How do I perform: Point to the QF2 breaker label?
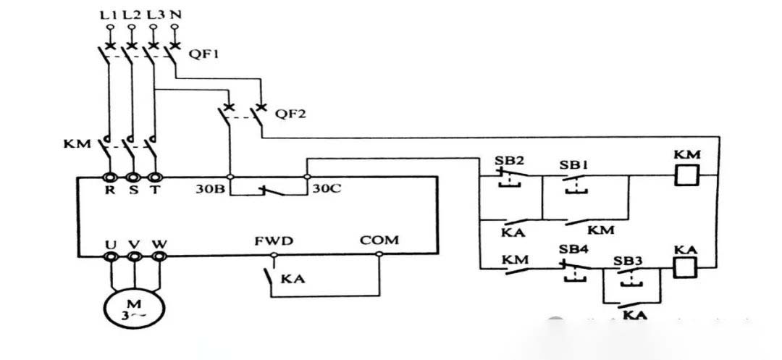290,114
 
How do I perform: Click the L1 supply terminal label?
110,14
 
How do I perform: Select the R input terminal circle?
110,177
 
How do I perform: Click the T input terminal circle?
154,177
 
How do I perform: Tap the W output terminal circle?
157,255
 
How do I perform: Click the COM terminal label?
379,240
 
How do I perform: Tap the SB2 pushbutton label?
509,160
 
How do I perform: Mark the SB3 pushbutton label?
627,260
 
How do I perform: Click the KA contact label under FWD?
292,278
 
